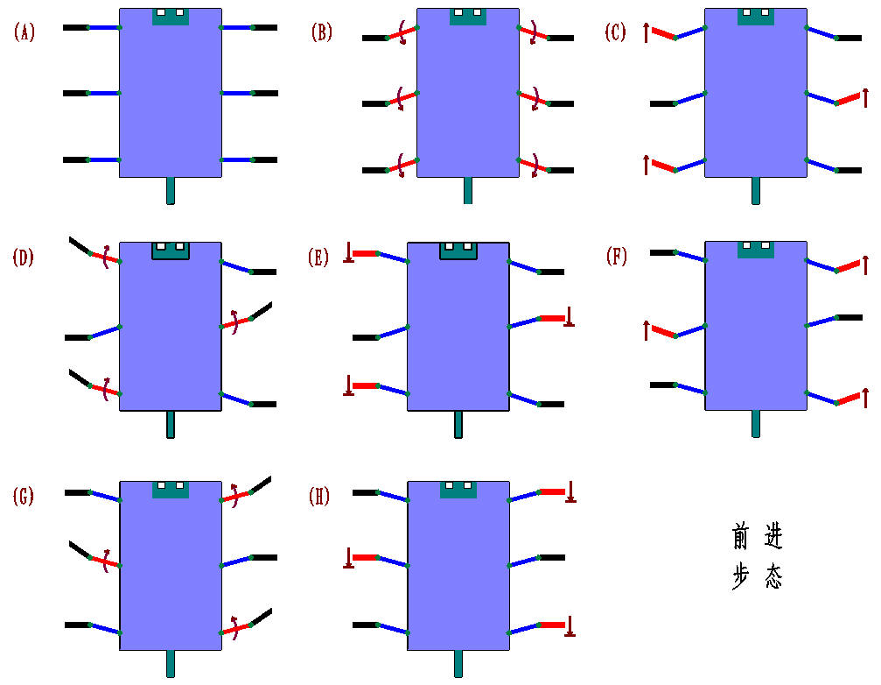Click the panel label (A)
coord(24,33)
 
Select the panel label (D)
coord(24,258)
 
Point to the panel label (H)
coord(320,497)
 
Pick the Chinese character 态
coord(773,577)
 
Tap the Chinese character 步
coord(742,577)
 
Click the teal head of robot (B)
coord(468,17)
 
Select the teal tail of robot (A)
coord(171,190)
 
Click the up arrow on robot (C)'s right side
coord(864,95)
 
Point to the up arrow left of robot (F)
coord(646,329)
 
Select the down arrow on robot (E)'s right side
coord(570,317)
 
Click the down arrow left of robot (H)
coord(348,557)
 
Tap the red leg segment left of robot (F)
coord(662,332)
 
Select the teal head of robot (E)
coord(458,251)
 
